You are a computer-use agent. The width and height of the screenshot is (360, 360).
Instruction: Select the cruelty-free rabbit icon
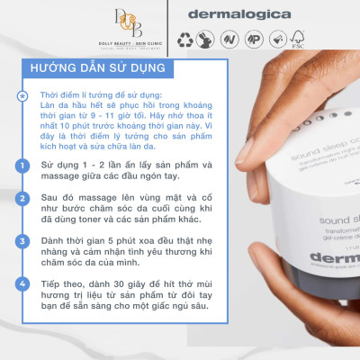click(210, 40)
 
